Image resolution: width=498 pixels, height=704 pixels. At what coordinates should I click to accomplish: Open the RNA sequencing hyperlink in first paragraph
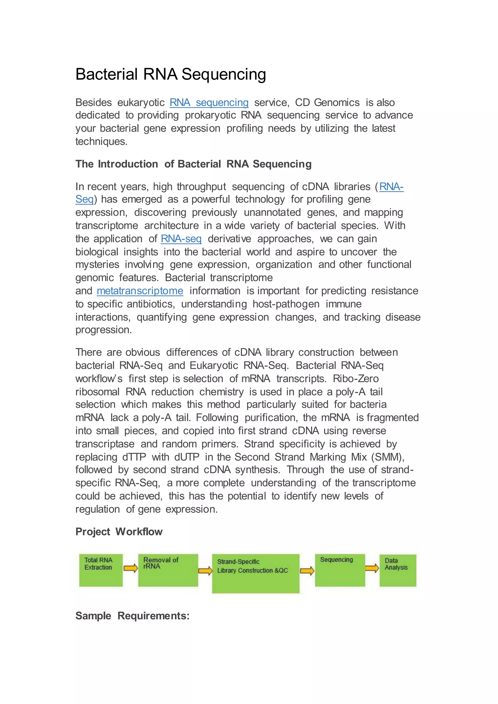(x=209, y=102)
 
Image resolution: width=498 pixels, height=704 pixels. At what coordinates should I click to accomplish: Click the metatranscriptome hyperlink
(x=140, y=291)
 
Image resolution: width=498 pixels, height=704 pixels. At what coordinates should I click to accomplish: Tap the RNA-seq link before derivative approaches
(x=181, y=238)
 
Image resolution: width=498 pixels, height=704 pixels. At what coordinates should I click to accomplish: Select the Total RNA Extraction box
(x=101, y=570)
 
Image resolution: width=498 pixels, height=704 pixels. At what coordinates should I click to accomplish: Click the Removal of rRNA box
(x=168, y=570)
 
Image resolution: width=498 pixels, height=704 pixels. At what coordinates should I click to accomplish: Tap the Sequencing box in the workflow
(x=340, y=570)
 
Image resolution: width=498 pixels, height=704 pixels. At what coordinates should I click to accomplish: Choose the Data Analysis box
(x=398, y=570)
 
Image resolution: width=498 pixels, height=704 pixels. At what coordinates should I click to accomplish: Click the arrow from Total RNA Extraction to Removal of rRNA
(x=130, y=568)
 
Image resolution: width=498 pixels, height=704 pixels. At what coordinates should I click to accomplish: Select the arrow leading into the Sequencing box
(x=307, y=571)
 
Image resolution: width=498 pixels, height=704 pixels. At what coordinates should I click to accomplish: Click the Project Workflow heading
(x=119, y=532)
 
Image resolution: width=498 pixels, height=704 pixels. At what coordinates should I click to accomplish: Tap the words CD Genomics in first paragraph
(x=327, y=102)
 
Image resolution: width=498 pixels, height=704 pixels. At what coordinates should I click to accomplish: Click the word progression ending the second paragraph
(x=103, y=330)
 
